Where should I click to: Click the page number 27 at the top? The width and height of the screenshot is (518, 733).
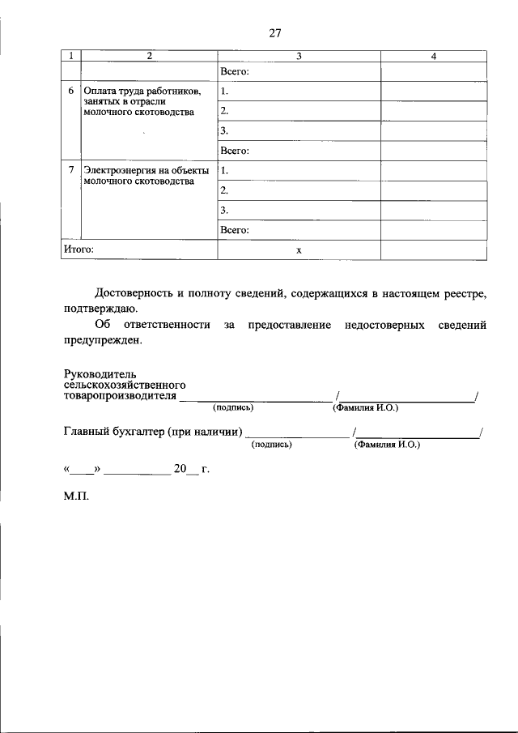pos(274,33)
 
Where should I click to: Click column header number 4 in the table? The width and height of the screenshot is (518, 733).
pos(434,56)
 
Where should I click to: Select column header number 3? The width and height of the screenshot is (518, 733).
pos(299,56)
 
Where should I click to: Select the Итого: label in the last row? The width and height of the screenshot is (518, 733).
pos(79,249)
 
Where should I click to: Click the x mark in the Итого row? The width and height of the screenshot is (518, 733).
pos(299,250)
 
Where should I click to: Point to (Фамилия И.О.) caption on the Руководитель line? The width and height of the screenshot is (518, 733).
pos(365,408)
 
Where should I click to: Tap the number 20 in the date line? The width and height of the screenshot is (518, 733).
pos(179,468)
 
